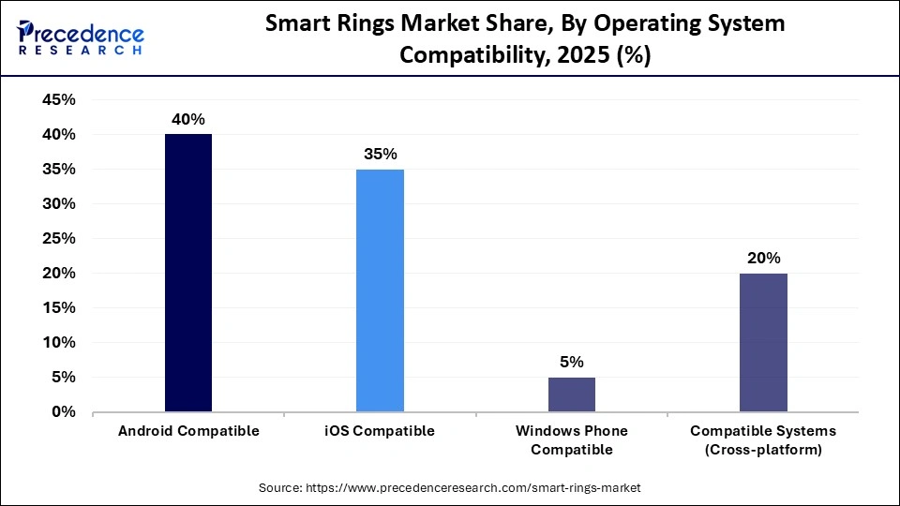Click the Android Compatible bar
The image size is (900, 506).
coord(188,273)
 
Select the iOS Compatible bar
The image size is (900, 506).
coord(380,290)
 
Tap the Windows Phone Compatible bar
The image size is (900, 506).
coord(572,394)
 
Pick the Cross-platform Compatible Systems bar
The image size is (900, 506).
coord(763,342)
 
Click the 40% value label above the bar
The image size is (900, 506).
coord(188,119)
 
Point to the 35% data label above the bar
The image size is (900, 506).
coord(380,154)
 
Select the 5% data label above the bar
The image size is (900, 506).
coord(572,362)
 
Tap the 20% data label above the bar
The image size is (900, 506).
coord(763,258)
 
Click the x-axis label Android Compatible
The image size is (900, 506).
coord(188,431)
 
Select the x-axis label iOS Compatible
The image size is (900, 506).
coord(380,431)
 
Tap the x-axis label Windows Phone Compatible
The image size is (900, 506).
coord(572,440)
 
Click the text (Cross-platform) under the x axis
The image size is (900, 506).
coord(763,450)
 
